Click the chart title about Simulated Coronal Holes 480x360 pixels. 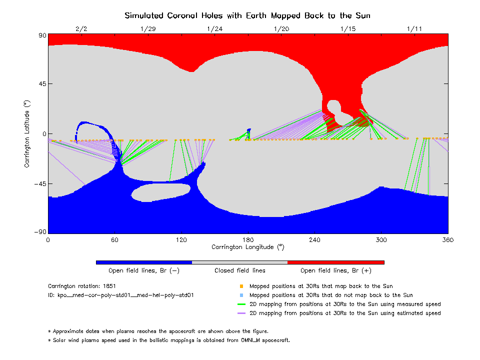click(247, 15)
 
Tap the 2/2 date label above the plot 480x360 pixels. click(81, 28)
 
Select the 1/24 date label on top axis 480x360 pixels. click(214, 28)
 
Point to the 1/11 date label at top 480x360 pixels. click(414, 28)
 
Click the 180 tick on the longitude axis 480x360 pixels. click(248, 239)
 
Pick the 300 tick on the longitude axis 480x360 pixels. click(381, 239)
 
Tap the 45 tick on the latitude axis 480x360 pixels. click(40, 84)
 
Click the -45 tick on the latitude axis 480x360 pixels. click(38, 184)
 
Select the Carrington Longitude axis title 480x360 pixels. click(248, 247)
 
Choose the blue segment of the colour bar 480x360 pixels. click(143, 262)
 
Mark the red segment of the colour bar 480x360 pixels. click(335, 262)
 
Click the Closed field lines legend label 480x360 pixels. click(240, 271)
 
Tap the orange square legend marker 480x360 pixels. click(241, 286)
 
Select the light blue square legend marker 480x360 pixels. click(241, 295)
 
